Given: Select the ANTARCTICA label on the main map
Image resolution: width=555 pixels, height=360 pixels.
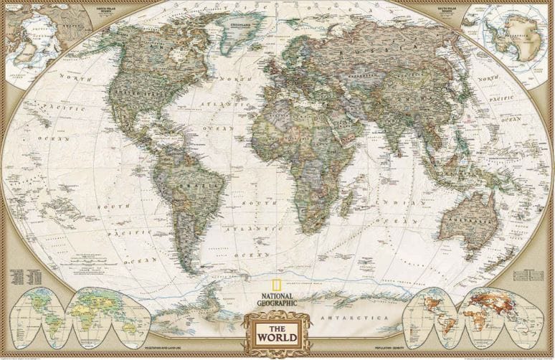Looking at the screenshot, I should pos(344,316).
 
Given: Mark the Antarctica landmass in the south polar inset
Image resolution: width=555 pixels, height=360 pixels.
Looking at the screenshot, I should pos(516,30).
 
